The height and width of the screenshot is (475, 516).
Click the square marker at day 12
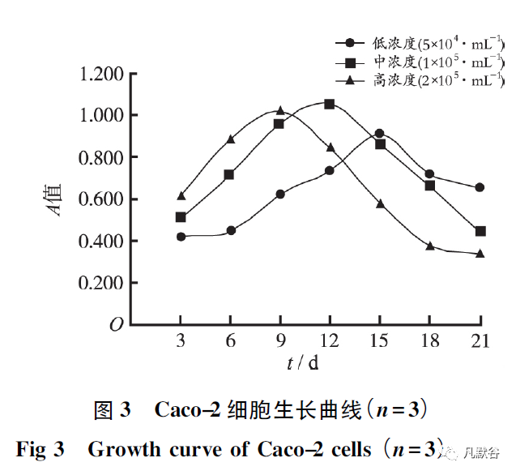(x=329, y=104)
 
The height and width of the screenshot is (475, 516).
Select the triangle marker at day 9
(x=279, y=110)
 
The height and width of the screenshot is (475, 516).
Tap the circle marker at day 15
(x=379, y=133)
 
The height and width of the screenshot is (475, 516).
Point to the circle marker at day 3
(x=181, y=237)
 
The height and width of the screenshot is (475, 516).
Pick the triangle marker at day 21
(x=480, y=254)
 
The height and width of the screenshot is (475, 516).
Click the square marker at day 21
(x=480, y=231)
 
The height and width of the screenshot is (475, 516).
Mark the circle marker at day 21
(x=480, y=187)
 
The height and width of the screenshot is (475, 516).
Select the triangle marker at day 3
(x=181, y=195)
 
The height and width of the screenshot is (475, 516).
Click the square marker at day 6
(x=229, y=174)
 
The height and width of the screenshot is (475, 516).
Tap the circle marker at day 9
(x=279, y=195)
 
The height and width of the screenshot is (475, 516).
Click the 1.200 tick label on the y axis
(x=102, y=75)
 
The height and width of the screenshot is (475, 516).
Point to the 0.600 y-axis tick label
(x=102, y=199)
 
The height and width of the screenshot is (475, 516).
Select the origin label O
(x=116, y=325)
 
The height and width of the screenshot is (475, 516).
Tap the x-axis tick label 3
(x=181, y=340)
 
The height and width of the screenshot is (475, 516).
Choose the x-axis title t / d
(x=303, y=363)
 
